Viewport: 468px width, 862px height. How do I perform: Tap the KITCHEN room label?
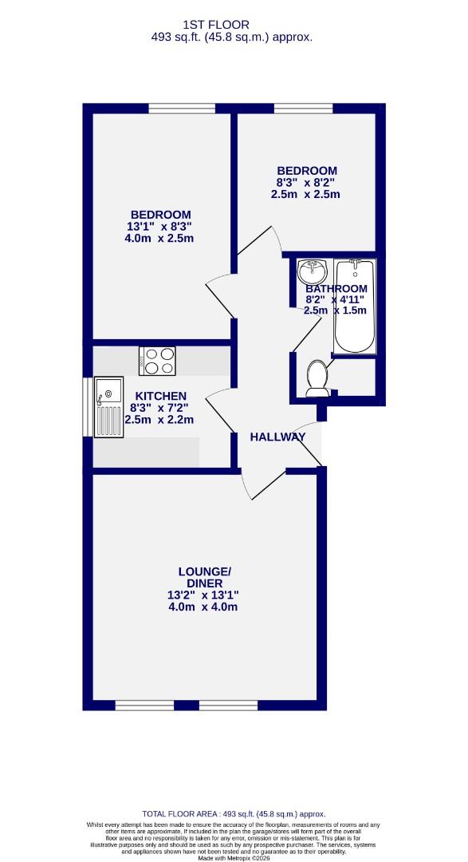(160, 396)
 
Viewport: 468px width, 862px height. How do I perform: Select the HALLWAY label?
(277, 437)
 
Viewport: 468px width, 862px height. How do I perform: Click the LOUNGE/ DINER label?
(204, 577)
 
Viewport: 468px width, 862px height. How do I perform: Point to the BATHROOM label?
(337, 288)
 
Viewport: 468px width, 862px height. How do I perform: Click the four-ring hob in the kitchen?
(157, 360)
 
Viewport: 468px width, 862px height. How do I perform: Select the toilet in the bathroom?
(317, 378)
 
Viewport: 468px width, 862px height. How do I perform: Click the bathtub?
(355, 306)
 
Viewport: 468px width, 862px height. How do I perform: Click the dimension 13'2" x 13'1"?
(203, 595)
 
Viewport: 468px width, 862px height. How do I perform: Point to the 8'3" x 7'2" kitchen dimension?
(159, 408)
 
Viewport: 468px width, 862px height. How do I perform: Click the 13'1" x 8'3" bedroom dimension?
(160, 226)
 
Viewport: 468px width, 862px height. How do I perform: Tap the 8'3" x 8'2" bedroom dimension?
(306, 182)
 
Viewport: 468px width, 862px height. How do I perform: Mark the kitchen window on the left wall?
(87, 406)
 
